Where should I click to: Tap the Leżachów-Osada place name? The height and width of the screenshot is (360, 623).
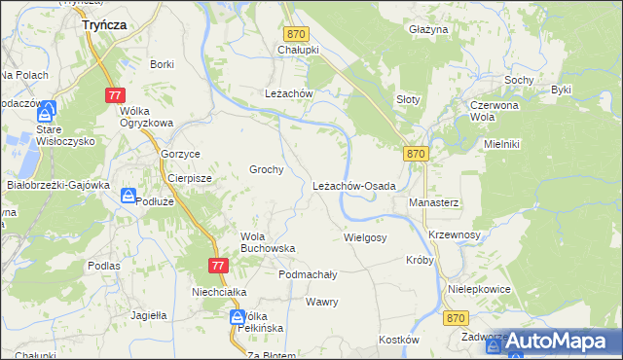(353, 186)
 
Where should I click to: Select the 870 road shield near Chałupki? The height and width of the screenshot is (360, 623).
(296, 34)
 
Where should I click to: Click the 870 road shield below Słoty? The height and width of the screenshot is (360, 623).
(416, 154)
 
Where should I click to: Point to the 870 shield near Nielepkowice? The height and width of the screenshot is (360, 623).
(455, 318)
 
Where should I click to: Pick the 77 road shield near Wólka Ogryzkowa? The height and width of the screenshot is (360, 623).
(116, 95)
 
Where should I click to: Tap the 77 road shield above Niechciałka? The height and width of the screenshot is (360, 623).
(218, 266)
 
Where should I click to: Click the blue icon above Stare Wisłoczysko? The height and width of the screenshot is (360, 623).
(47, 111)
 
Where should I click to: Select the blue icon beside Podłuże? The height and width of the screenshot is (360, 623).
(128, 197)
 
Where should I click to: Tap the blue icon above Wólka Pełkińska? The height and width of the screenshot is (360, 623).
(238, 317)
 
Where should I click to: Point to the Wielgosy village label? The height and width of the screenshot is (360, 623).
(365, 237)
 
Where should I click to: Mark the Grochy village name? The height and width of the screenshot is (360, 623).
(267, 169)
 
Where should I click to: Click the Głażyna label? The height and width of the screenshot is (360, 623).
(428, 30)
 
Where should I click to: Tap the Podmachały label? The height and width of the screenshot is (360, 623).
(308, 274)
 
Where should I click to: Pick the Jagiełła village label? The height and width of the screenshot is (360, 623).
(149, 315)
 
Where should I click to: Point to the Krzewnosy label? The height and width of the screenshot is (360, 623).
(455, 235)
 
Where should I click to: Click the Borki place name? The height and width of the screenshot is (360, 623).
(162, 64)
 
